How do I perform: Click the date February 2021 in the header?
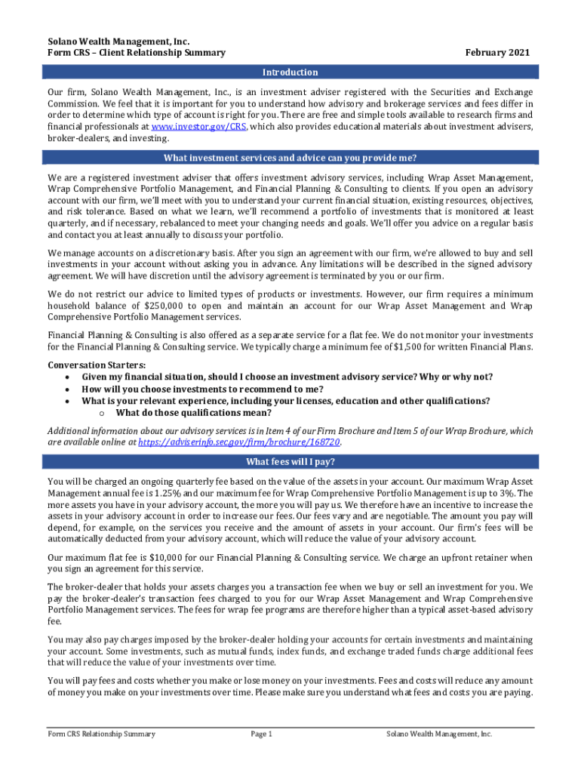click(497, 53)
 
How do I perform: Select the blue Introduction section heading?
click(290, 72)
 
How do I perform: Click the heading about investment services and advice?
click(290, 158)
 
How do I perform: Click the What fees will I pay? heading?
click(290, 462)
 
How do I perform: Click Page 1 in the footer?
click(260, 734)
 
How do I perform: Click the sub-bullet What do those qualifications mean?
click(193, 413)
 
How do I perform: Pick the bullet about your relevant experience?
click(285, 401)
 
